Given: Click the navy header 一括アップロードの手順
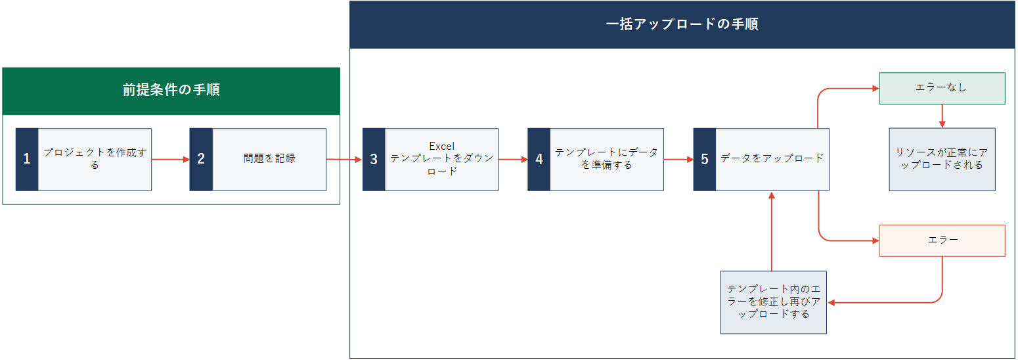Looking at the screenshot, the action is tap(682, 24).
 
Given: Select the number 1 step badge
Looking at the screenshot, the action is tap(27, 159).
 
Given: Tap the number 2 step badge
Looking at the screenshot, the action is tap(201, 159).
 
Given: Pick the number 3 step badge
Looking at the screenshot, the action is tap(374, 159).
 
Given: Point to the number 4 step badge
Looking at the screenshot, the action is tap(539, 159).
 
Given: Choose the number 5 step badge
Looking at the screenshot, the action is tap(705, 159).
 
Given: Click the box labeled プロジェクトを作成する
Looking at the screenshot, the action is tap(95, 159).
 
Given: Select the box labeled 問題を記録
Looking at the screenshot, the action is tap(269, 159).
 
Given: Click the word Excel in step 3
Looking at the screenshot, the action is tap(442, 146).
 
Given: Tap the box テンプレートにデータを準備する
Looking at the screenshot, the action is tap(607, 159).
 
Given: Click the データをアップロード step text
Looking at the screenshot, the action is tap(772, 158).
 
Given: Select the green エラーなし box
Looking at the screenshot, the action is tap(942, 88).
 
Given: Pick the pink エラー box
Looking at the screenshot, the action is tap(942, 240).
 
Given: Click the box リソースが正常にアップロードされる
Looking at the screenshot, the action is tap(942, 159).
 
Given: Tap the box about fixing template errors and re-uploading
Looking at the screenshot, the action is tap(774, 302).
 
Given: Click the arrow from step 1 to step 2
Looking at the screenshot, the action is tap(170, 160).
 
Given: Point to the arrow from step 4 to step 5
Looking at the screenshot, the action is tap(678, 160).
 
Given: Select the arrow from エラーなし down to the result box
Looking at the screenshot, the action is tap(942, 116).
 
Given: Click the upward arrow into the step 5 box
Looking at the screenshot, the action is tap(772, 231).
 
